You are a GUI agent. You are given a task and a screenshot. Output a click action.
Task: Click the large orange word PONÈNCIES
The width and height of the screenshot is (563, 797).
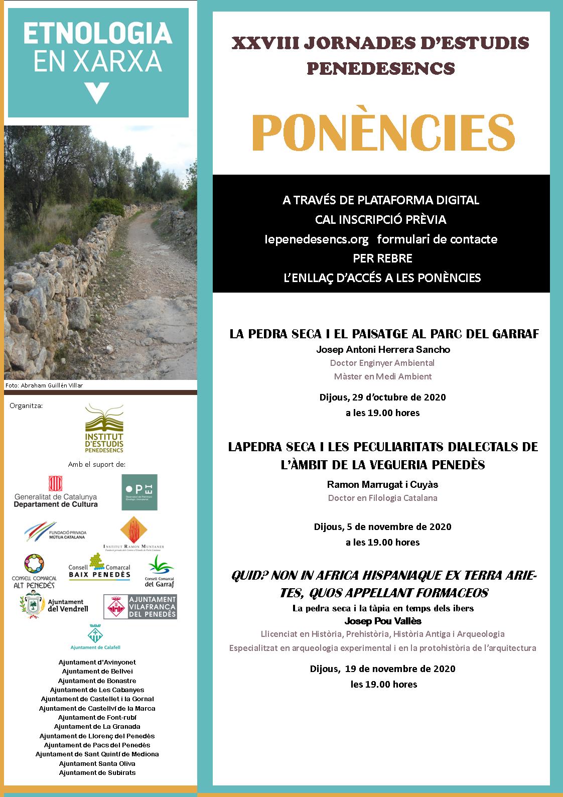(x=383, y=134)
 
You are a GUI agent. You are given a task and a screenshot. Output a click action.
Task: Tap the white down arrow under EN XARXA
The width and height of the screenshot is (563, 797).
(x=97, y=93)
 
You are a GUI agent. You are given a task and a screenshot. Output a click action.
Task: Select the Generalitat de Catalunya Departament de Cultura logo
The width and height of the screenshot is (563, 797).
(x=56, y=492)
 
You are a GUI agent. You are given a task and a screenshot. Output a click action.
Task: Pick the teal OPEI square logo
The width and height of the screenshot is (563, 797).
(x=139, y=492)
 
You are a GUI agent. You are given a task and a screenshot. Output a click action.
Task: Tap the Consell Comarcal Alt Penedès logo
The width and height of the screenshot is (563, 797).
(x=34, y=571)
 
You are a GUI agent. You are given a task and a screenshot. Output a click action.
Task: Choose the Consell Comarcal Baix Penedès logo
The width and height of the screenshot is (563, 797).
(x=99, y=568)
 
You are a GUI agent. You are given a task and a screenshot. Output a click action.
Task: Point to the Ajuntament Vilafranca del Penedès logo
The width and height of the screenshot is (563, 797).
(x=140, y=607)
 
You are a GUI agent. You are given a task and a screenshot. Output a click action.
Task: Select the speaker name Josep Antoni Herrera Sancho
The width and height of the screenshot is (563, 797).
(x=383, y=349)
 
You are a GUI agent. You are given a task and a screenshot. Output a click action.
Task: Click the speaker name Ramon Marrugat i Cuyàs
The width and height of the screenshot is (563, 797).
(x=382, y=484)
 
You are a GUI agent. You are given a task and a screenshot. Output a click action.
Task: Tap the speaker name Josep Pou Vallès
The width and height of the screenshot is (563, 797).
(x=382, y=621)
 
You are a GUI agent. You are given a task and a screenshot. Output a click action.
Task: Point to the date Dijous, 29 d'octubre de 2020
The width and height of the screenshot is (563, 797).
(x=382, y=397)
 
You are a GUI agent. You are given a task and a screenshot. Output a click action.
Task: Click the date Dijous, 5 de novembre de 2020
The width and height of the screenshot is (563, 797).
(x=382, y=527)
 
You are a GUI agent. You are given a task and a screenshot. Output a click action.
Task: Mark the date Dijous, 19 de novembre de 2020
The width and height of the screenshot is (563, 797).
(x=382, y=669)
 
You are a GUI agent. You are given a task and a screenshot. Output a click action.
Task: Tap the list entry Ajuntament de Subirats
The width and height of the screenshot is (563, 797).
(x=97, y=772)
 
